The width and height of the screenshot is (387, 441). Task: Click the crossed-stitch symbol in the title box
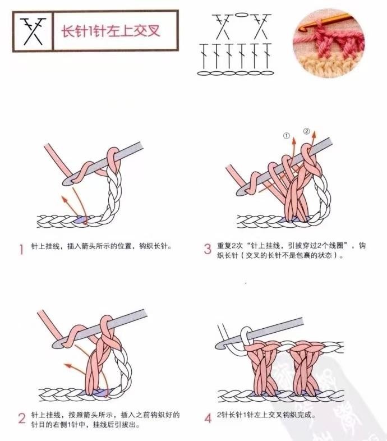tap(33, 31)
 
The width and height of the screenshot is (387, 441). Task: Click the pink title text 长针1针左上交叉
tap(111, 31)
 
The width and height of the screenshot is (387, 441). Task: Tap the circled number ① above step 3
tap(286, 136)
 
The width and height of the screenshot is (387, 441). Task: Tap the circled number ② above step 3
tap(307, 131)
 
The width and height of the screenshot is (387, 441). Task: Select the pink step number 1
tap(21, 249)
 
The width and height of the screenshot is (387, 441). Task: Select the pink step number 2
tap(22, 418)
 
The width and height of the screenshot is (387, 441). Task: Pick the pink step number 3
tap(208, 249)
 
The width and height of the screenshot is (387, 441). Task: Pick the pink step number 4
tap(208, 418)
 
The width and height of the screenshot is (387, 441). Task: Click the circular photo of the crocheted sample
tap(329, 43)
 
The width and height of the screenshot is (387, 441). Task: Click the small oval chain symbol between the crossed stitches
tap(242, 15)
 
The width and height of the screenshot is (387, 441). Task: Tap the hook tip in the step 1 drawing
tap(66, 181)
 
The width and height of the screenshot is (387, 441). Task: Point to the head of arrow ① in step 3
tap(294, 140)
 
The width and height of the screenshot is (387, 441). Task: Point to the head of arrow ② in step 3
tap(314, 135)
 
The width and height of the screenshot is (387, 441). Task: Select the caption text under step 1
tap(102, 246)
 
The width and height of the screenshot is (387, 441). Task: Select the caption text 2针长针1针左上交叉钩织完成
tap(266, 415)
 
